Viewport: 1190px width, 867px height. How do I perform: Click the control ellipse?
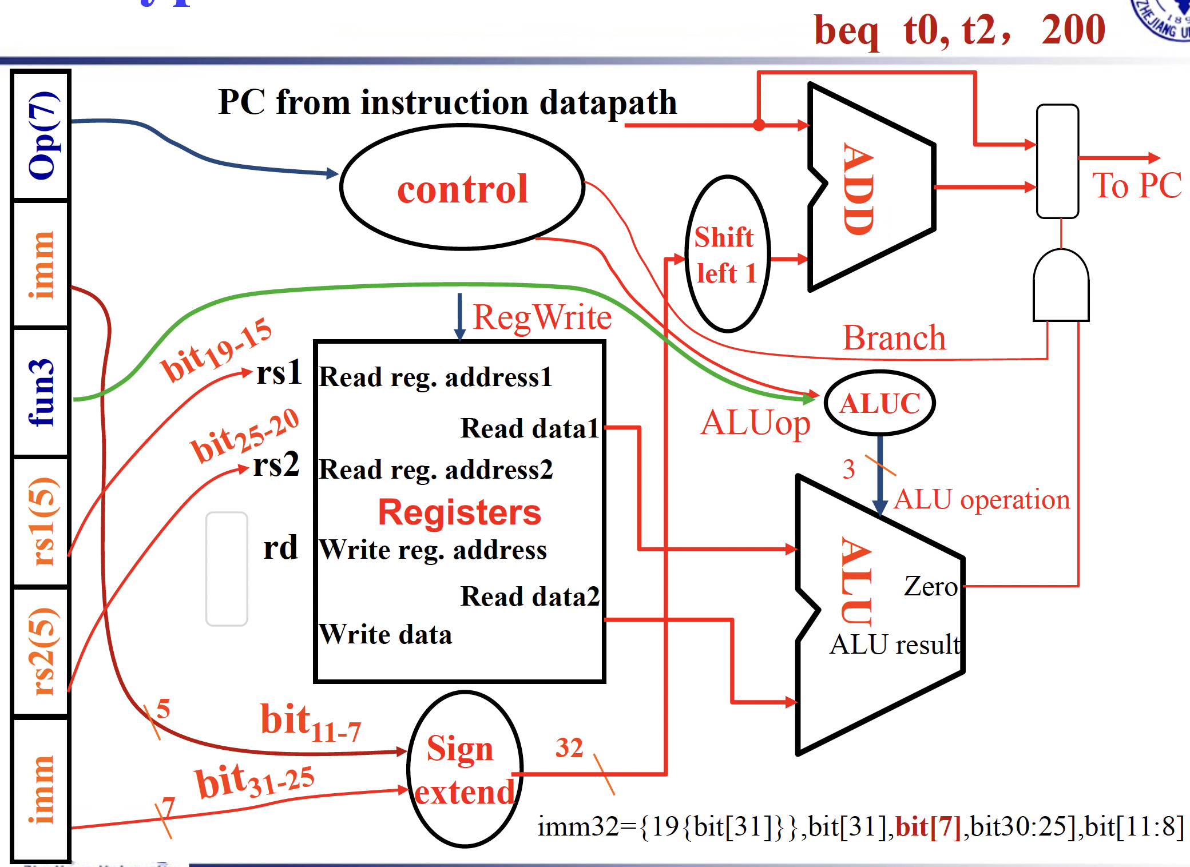462,188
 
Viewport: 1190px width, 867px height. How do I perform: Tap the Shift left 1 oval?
727,254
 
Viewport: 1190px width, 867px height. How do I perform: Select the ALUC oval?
879,403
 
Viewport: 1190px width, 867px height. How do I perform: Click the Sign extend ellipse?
465,769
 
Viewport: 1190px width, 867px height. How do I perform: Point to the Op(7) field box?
41,136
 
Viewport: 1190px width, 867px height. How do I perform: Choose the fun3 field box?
41,392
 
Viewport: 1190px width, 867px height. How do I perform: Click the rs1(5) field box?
41,522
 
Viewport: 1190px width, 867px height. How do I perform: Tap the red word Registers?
459,512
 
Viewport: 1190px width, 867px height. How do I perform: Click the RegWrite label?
542,317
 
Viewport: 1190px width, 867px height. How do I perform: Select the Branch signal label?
894,338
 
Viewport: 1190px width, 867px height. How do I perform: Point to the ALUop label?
755,423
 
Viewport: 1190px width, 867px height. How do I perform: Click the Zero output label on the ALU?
930,586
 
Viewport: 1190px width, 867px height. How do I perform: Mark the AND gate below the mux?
1061,286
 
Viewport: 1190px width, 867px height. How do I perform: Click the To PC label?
1136,185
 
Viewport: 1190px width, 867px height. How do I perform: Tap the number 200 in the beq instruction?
1073,30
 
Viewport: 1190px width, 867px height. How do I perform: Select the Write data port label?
385,634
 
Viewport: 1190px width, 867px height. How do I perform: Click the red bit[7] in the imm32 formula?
929,827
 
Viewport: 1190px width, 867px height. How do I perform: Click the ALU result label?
895,645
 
